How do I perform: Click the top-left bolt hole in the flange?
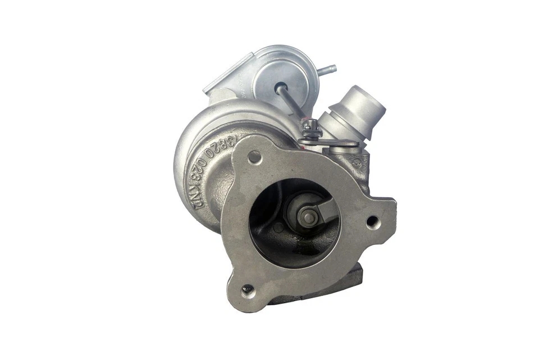point(254,157)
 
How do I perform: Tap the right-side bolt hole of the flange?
point(373,222)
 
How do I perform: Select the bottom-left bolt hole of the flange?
point(247,291)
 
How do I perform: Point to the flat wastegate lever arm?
point(337,144)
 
